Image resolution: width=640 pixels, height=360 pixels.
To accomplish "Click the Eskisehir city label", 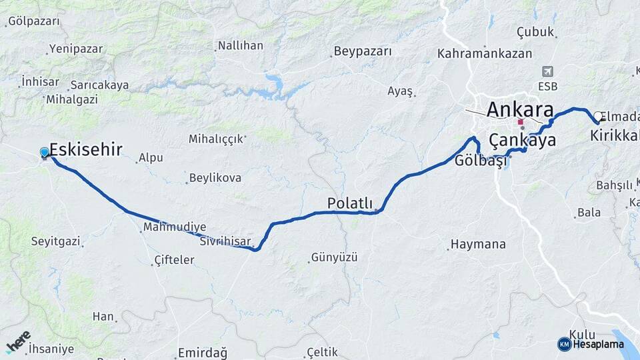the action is pyautogui.click(x=85, y=149).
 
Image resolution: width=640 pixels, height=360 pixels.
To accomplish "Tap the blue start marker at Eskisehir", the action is pyautogui.click(x=45, y=153).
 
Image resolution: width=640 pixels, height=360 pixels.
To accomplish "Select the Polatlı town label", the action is pyautogui.click(x=349, y=203).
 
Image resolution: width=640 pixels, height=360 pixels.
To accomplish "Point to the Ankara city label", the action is pyautogui.click(x=520, y=109).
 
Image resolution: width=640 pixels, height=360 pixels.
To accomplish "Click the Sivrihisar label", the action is pyautogui.click(x=225, y=241).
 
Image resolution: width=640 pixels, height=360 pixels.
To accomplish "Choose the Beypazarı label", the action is pyautogui.click(x=361, y=51).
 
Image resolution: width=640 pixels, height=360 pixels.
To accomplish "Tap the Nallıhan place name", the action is pyautogui.click(x=240, y=46).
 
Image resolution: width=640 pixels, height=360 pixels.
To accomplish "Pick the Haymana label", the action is pyautogui.click(x=478, y=244).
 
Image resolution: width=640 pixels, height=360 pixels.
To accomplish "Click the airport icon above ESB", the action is pyautogui.click(x=548, y=71).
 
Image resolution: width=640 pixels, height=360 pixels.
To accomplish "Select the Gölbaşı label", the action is pyautogui.click(x=477, y=161).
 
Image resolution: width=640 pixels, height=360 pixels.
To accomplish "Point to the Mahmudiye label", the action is pyautogui.click(x=175, y=227).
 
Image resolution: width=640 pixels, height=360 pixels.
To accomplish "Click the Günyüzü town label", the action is pyautogui.click(x=335, y=257).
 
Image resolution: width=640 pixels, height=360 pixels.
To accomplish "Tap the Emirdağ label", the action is pyautogui.click(x=203, y=352).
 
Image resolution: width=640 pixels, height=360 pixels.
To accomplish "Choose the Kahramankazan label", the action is pyautogui.click(x=485, y=53).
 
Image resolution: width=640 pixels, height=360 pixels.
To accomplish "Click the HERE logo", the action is pyautogui.click(x=18, y=341).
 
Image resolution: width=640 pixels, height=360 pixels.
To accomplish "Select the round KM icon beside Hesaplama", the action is pyautogui.click(x=564, y=344).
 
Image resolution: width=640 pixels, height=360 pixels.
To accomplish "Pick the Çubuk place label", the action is pyautogui.click(x=535, y=32).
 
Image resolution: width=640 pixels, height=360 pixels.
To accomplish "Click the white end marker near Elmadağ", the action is pyautogui.click(x=598, y=117).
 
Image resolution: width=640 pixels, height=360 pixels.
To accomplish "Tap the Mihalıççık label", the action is pyautogui.click(x=216, y=139).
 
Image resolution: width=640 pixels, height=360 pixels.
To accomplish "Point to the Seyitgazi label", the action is pyautogui.click(x=55, y=241).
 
